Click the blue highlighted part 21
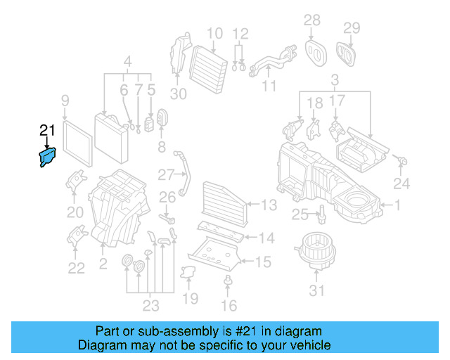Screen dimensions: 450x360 tap(49, 156)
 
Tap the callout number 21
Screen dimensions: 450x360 tap(47, 130)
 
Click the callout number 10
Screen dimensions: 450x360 tap(214, 32)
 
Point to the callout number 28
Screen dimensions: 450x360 tap(311, 20)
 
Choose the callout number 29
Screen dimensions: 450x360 tap(351, 28)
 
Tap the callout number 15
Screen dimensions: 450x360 tap(263, 262)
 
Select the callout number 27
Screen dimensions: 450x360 tap(166, 174)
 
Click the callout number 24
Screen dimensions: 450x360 tap(401, 184)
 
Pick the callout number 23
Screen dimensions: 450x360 tap(150, 306)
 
